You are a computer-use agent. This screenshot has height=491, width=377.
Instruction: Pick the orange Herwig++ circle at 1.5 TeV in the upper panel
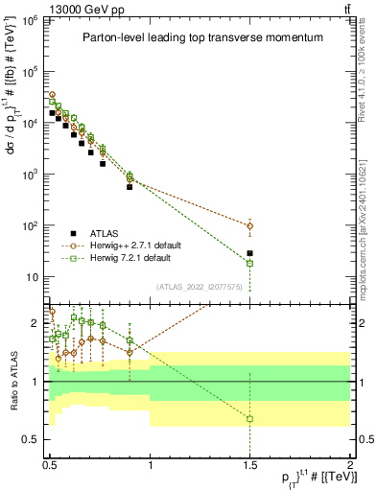click(250, 226)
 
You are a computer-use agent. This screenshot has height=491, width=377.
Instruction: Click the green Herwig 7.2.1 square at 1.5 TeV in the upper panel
click(250, 263)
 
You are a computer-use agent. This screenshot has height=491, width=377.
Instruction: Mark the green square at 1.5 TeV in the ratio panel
click(250, 418)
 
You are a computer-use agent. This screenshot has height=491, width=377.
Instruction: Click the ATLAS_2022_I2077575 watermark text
click(200, 286)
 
